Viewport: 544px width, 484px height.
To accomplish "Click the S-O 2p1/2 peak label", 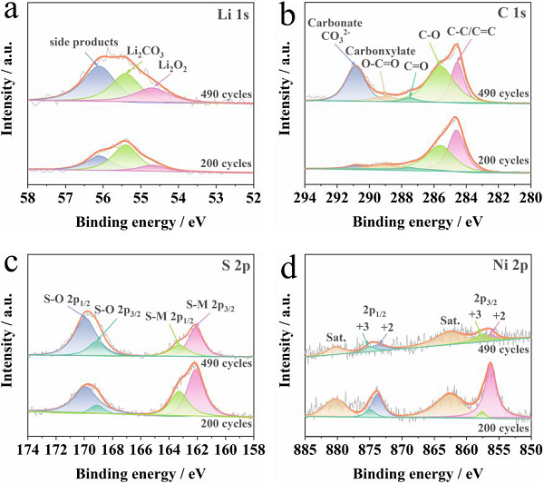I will click(70, 297).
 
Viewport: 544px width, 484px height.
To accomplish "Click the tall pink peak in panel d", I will click(491, 386).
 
